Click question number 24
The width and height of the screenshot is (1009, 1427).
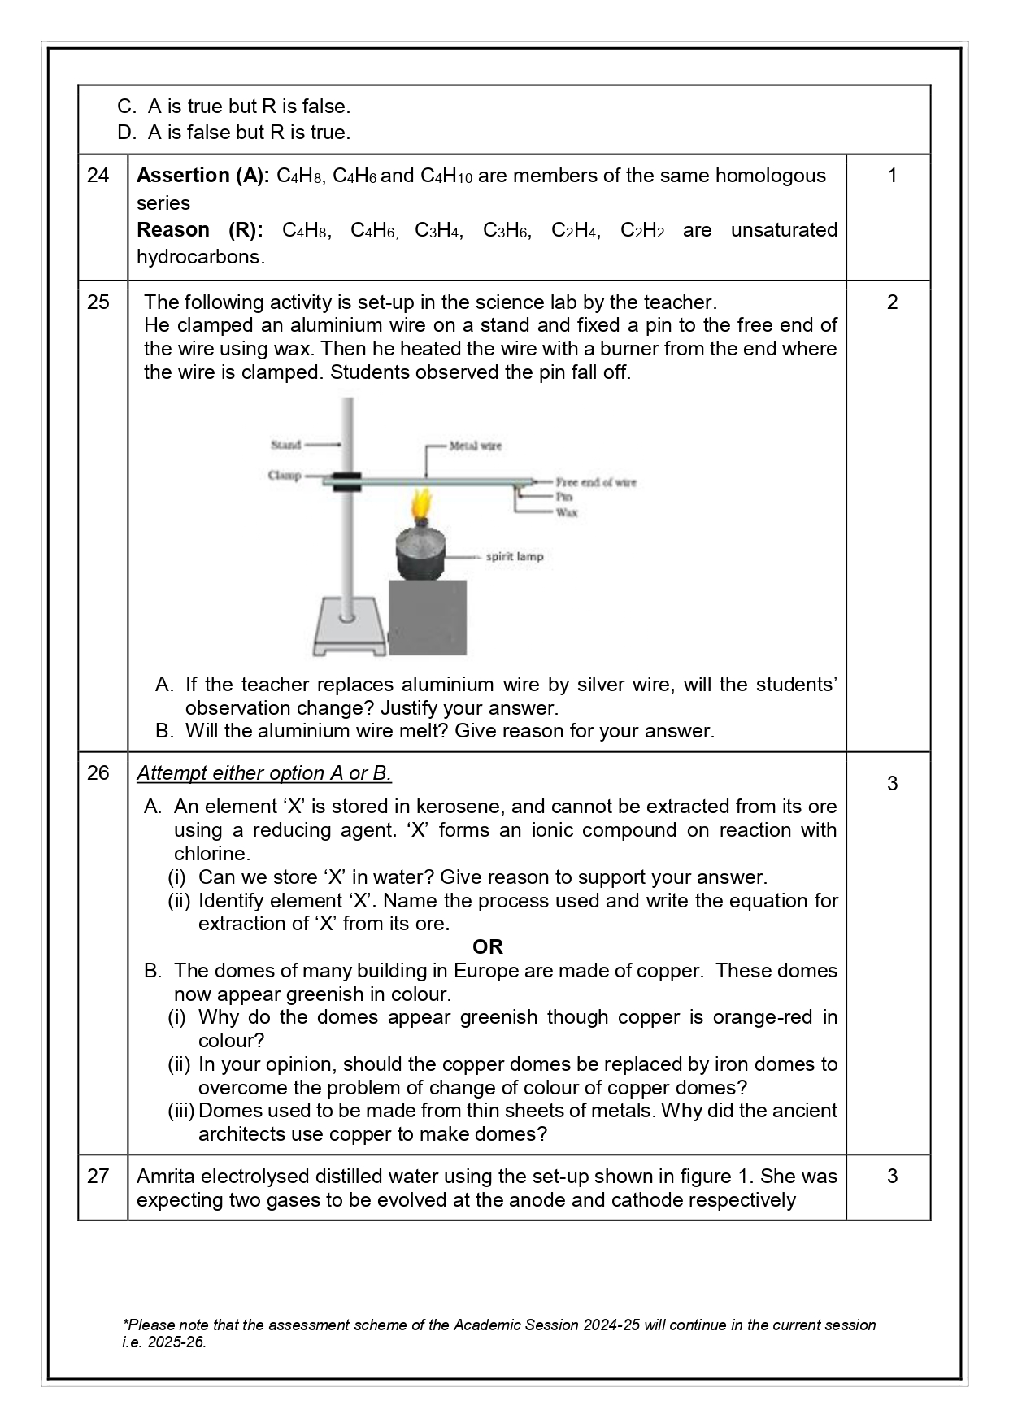98,176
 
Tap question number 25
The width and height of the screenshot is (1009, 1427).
98,302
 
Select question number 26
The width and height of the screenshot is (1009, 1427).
98,773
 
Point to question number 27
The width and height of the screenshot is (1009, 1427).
98,1177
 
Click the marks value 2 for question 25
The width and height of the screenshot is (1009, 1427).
892,302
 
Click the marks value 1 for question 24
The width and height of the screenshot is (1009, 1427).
892,176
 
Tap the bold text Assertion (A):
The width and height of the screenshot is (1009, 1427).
202,176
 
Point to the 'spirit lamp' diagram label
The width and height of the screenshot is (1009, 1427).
514,557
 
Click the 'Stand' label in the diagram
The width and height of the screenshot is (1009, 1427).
285,445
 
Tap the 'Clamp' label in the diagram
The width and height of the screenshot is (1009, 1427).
285,476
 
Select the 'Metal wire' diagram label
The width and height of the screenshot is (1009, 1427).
476,446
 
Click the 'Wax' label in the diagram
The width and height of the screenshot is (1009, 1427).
567,512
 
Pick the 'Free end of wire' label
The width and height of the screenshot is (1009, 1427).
595,482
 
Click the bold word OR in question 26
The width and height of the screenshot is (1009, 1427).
488,946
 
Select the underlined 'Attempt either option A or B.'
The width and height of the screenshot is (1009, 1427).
264,773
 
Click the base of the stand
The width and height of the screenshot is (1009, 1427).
350,630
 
